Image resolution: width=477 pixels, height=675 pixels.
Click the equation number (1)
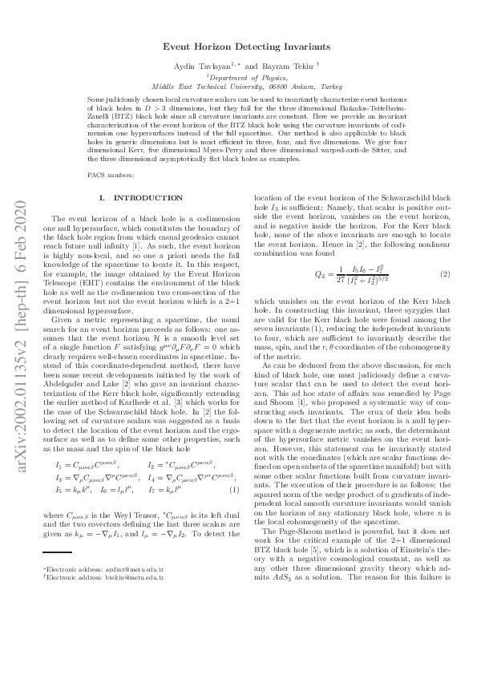(x=234, y=488)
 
